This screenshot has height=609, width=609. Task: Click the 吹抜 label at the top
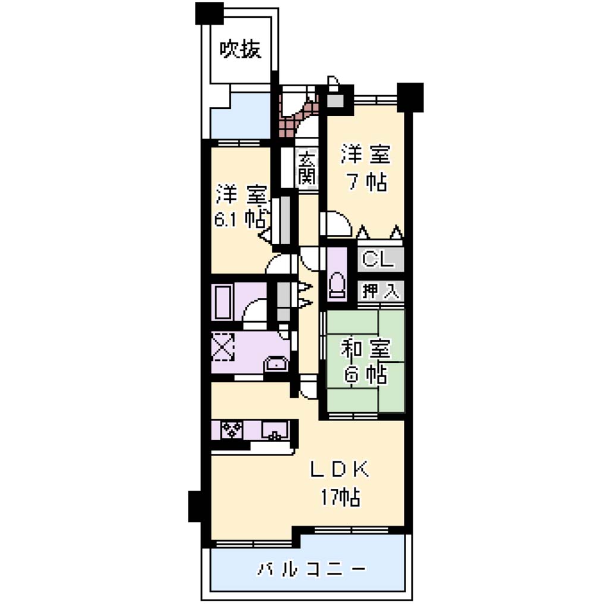(x=240, y=50)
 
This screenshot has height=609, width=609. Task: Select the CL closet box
(x=381, y=259)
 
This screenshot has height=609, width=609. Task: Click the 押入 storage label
(x=381, y=291)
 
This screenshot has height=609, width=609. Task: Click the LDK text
(x=340, y=470)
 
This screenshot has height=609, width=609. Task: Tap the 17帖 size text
(x=340, y=498)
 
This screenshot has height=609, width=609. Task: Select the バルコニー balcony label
(x=312, y=570)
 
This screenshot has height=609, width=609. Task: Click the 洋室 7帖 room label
(x=366, y=168)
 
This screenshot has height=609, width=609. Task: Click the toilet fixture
(x=337, y=287)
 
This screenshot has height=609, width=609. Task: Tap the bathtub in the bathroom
(x=222, y=303)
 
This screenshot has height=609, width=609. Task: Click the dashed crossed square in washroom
(x=223, y=347)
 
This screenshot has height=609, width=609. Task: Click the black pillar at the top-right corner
(x=410, y=98)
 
